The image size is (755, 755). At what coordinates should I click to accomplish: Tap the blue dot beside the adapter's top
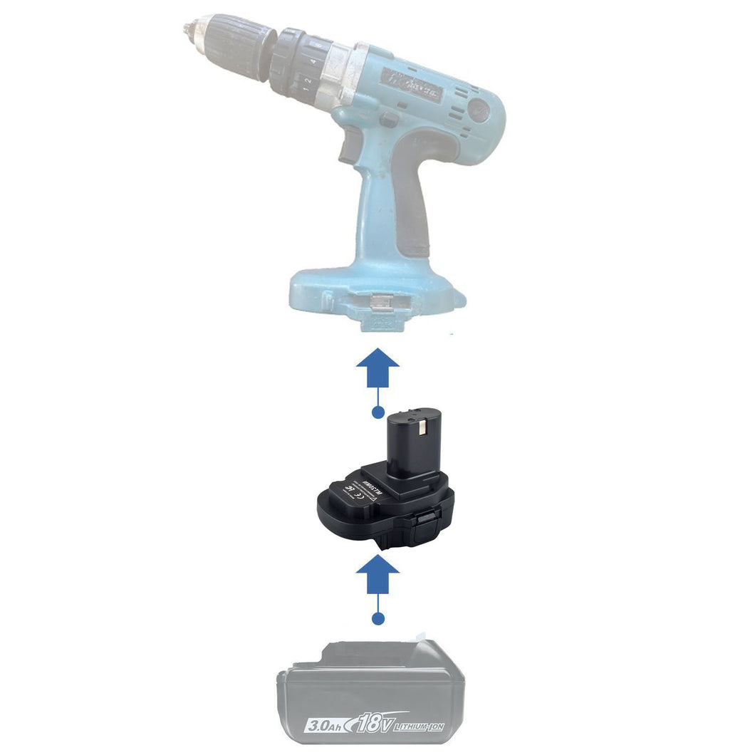point(378,412)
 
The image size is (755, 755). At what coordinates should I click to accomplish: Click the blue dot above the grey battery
point(378,618)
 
